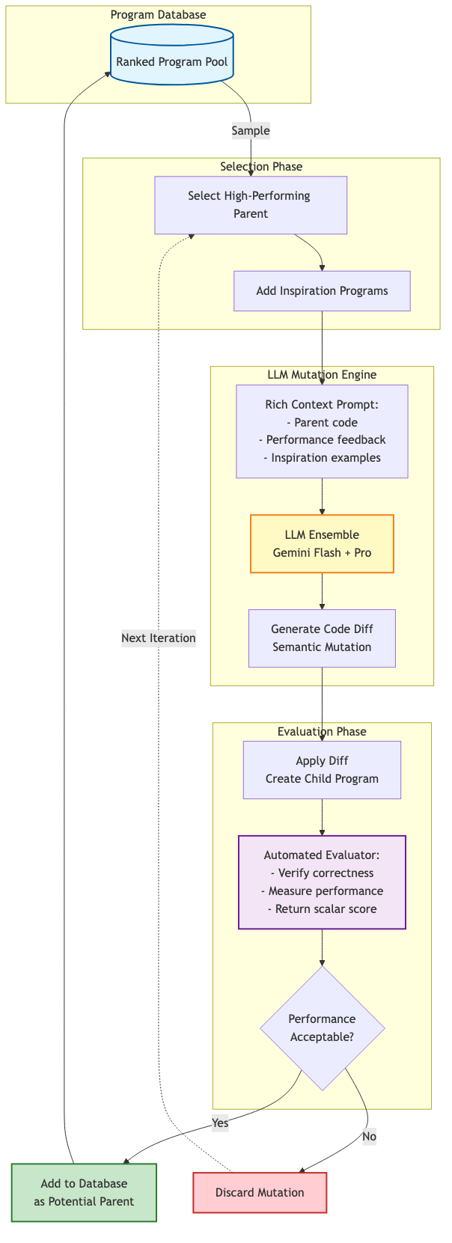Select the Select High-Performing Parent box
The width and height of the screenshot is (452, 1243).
[251, 205]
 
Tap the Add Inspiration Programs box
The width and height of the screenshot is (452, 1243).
[322, 291]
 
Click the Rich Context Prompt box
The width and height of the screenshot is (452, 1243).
[322, 431]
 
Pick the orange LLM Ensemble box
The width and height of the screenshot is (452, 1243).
[322, 544]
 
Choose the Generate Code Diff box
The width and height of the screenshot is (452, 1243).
[322, 638]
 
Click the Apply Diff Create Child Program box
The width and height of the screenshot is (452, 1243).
[322, 770]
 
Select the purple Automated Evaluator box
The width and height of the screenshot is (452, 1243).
[322, 882]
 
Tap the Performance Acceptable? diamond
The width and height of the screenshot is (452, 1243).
[322, 1028]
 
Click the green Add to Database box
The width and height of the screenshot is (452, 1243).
[84, 1193]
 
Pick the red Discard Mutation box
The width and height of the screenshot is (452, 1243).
[260, 1193]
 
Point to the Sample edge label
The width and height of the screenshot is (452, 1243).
[250, 130]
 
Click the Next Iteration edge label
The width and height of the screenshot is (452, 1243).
[159, 638]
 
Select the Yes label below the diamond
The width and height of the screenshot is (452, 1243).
[220, 1123]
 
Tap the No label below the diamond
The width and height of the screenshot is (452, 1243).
[369, 1136]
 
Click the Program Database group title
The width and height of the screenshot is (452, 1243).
[158, 15]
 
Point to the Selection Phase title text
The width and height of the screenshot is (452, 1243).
[261, 167]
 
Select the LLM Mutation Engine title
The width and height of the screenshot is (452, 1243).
[322, 375]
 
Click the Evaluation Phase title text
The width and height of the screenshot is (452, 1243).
[322, 732]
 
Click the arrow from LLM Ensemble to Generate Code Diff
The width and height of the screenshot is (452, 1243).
[322, 591]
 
